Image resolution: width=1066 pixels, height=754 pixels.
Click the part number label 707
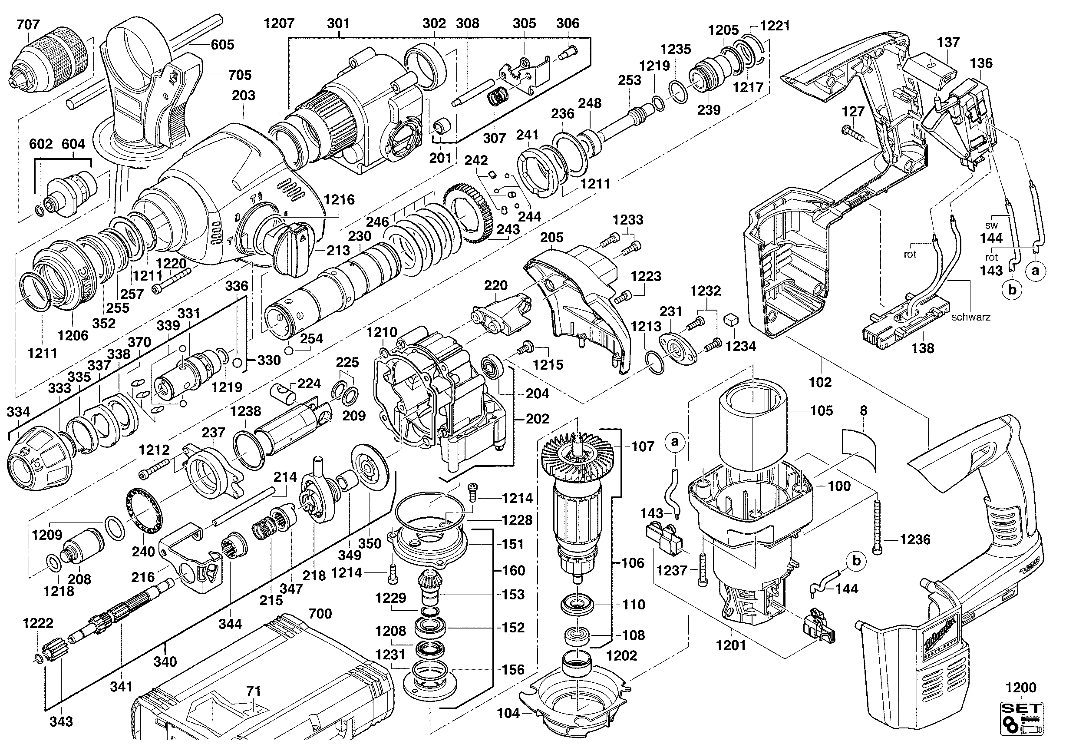pyautogui.click(x=28, y=24)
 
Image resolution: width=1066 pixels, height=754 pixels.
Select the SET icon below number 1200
pyautogui.click(x=1021, y=726)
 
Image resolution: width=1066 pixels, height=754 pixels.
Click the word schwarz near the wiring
pyautogui.click(x=971, y=317)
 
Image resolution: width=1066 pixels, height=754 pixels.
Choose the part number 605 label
pyautogui.click(x=222, y=45)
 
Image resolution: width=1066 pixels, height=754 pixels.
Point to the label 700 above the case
pyautogui.click(x=320, y=613)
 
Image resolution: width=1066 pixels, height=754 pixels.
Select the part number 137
pyautogui.click(x=947, y=42)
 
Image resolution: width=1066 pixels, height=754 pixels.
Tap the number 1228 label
pyautogui.click(x=517, y=520)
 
